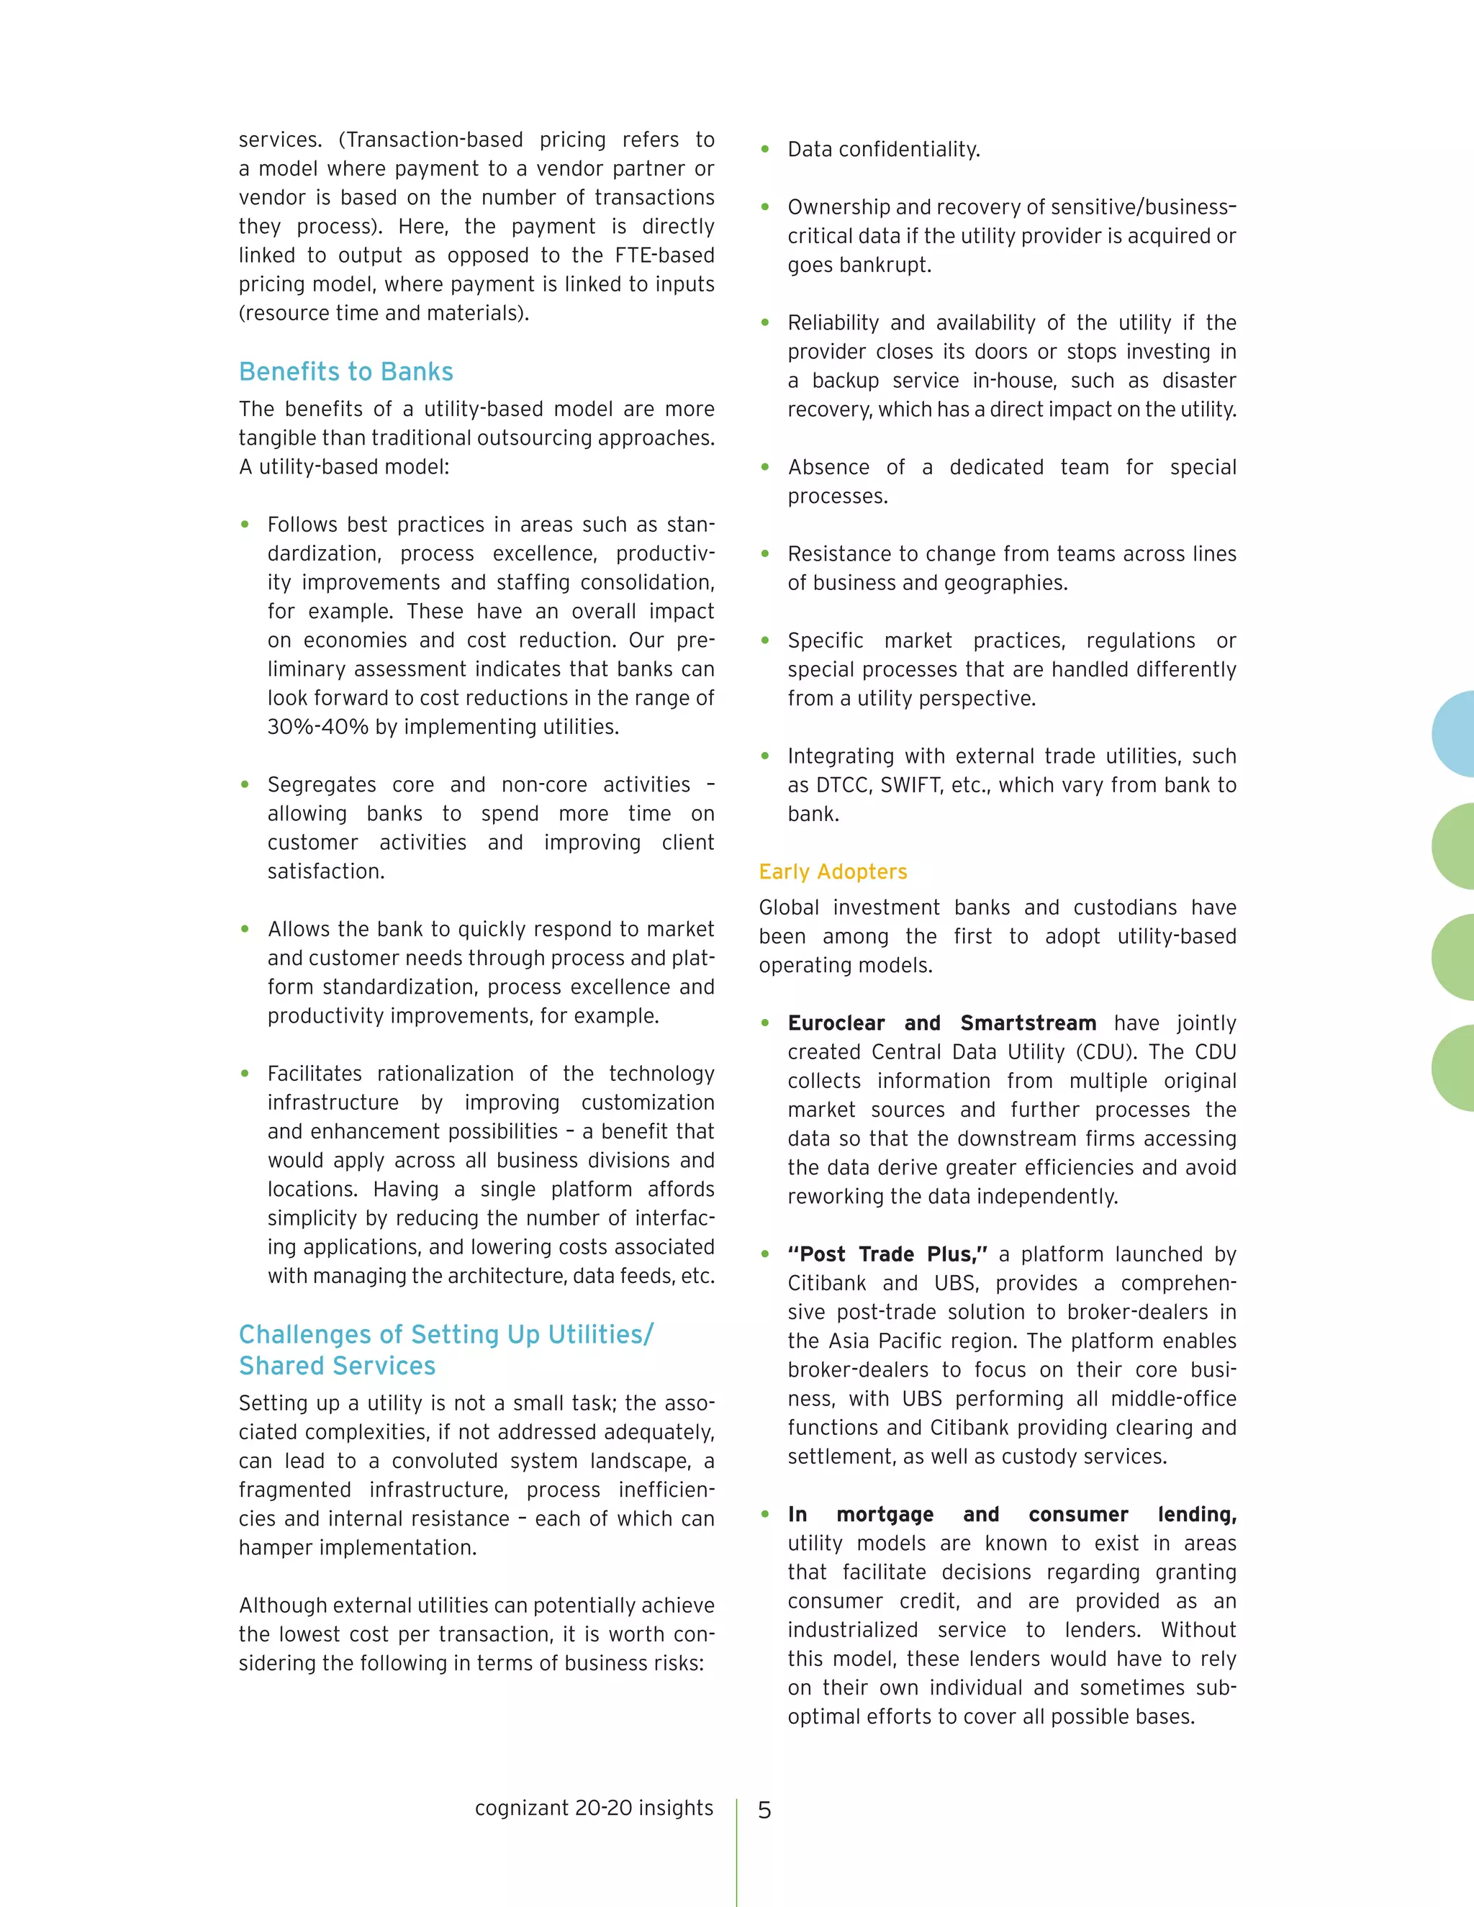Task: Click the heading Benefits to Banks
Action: click(345, 372)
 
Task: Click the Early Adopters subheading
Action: click(832, 871)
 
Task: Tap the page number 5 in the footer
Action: click(764, 1811)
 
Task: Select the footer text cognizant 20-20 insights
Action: click(594, 1808)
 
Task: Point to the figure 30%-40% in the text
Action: click(318, 728)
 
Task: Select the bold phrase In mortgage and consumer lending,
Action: click(1011, 1514)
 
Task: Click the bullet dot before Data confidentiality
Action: click(765, 149)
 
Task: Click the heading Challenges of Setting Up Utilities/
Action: click(446, 1334)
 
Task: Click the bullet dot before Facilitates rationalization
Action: click(245, 1074)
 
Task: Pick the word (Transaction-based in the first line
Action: click(430, 140)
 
